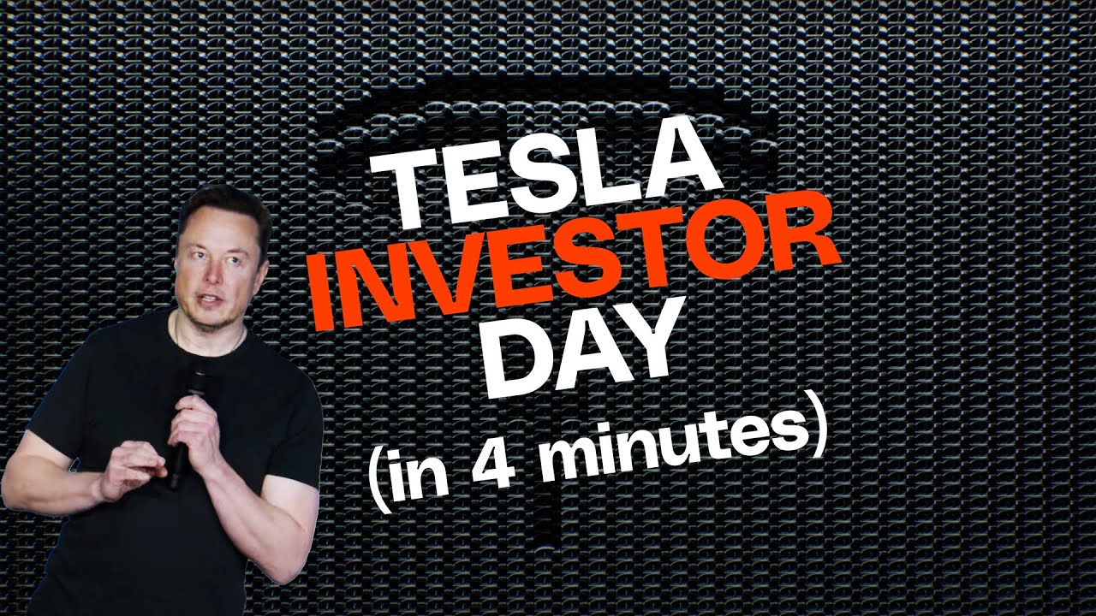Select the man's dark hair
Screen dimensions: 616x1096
218,210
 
